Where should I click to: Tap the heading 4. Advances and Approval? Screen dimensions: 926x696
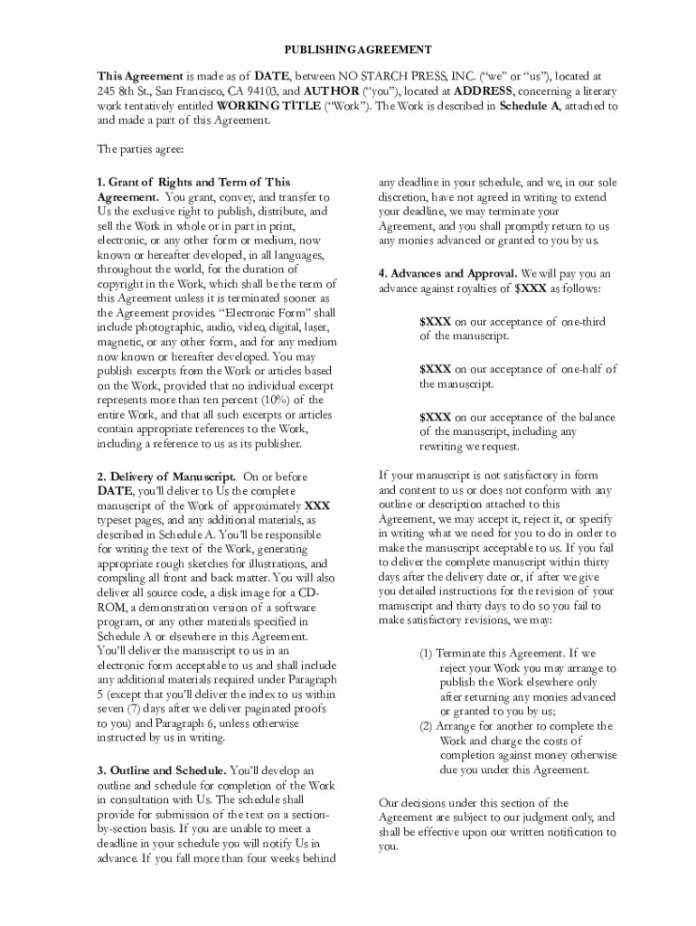[x=448, y=273]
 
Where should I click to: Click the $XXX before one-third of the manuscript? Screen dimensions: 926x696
[x=435, y=322]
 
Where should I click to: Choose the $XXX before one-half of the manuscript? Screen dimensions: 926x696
[x=435, y=369]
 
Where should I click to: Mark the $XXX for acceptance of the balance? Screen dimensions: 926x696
[x=435, y=417]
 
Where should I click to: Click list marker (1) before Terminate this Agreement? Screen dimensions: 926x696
[x=425, y=653]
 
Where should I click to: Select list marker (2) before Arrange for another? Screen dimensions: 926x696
[x=425, y=726]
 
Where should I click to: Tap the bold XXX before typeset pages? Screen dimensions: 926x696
[x=317, y=506]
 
